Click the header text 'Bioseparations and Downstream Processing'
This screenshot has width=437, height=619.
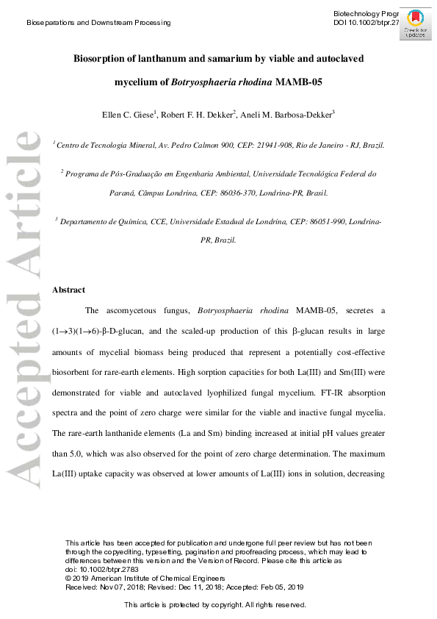pyautogui.click(x=98, y=23)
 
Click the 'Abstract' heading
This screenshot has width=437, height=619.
pyautogui.click(x=68, y=290)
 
